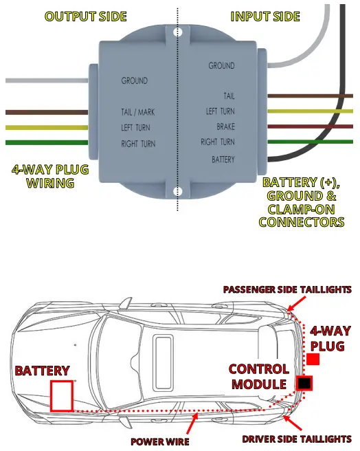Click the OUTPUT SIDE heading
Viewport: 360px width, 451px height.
click(x=85, y=16)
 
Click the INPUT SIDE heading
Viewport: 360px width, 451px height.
click(x=265, y=16)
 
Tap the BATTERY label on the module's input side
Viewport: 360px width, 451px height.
click(x=223, y=159)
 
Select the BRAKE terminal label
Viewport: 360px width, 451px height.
click(x=225, y=126)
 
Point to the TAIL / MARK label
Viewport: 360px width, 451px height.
click(x=137, y=111)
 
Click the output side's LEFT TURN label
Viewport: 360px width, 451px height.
click(x=135, y=127)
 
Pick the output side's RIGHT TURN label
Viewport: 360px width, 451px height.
click(x=138, y=144)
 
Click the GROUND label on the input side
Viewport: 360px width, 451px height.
click(x=221, y=66)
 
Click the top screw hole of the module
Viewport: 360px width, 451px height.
click(x=178, y=32)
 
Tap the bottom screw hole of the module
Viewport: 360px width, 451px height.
click(x=178, y=191)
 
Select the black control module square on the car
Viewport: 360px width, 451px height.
click(x=304, y=382)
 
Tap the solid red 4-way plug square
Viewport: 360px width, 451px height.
click(x=313, y=360)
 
